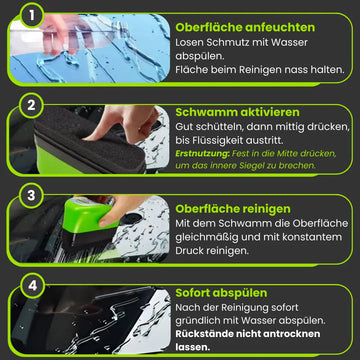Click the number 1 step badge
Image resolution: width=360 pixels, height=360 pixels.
pyautogui.click(x=32, y=15)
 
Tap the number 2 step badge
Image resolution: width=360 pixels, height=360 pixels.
pyautogui.click(x=31, y=105)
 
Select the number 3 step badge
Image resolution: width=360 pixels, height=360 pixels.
pyautogui.click(x=31, y=196)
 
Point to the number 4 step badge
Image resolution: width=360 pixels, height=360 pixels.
pyautogui.click(x=32, y=286)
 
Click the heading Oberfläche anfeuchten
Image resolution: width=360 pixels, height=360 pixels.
pyautogui.click(x=245, y=27)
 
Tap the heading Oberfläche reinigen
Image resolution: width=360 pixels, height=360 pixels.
pyautogui.click(x=233, y=209)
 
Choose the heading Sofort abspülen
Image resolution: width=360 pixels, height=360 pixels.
pyautogui.click(x=221, y=293)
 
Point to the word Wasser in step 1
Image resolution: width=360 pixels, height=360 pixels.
pyautogui.click(x=291, y=42)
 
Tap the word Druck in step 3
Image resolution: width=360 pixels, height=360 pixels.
pyautogui.click(x=189, y=251)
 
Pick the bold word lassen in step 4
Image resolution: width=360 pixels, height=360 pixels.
pyautogui.click(x=193, y=347)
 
